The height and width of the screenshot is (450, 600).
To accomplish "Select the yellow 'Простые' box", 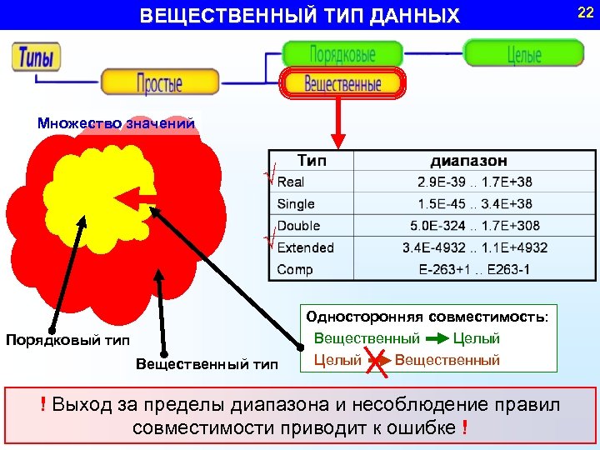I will [x=160, y=82].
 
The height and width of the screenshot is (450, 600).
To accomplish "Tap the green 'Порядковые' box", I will [x=342, y=54].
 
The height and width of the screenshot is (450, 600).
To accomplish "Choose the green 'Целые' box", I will [x=523, y=54].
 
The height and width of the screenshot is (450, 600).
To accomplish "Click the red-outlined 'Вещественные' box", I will [x=342, y=84].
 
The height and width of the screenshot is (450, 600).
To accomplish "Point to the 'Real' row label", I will [x=291, y=182].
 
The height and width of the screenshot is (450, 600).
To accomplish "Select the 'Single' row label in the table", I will [x=295, y=204].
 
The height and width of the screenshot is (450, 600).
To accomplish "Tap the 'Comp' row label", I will [x=295, y=269].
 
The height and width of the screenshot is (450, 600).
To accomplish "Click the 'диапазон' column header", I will [x=468, y=160].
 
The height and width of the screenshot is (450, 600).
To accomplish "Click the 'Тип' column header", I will [x=312, y=160].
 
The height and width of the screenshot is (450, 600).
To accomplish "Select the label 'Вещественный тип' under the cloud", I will [x=207, y=363].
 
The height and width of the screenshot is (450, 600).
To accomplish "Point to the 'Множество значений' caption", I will [x=116, y=123].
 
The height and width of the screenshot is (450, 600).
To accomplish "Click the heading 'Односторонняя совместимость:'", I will [x=427, y=317].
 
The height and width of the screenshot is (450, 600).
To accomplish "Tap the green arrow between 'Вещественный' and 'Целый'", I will [x=436, y=339].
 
